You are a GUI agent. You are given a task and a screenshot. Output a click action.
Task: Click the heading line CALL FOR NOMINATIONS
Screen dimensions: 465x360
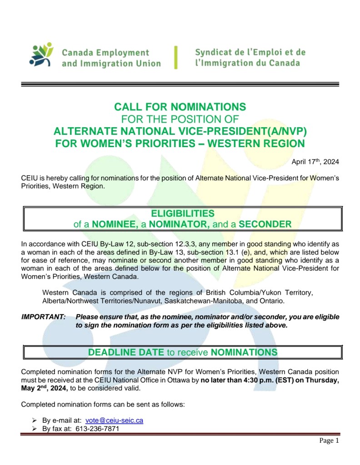180,107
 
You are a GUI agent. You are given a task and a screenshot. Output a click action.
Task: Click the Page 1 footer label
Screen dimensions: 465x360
329,441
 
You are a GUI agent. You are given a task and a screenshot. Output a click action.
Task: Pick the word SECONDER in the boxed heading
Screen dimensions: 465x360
265,224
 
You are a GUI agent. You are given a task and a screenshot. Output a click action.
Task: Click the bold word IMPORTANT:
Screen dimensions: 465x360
44,317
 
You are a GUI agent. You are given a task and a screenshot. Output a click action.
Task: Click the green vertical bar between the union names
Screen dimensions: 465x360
176,57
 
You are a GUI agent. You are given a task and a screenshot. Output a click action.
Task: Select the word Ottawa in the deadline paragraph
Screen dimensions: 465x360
188,381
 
